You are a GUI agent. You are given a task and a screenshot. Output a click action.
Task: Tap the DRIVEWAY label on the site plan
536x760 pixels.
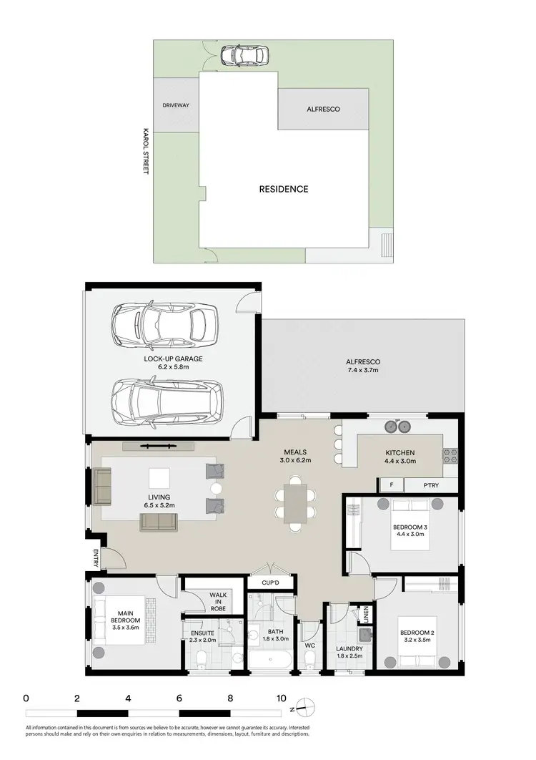tap(176, 105)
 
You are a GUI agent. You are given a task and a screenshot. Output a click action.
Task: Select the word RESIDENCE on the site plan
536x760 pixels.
tap(284, 189)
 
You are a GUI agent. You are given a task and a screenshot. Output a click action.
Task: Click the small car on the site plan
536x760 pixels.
tap(244, 54)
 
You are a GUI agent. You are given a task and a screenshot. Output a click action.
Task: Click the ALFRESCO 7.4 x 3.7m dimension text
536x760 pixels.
tap(363, 371)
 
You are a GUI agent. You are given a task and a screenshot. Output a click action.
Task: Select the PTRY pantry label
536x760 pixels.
tap(431, 485)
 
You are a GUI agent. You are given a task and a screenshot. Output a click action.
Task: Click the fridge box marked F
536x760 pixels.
tap(392, 485)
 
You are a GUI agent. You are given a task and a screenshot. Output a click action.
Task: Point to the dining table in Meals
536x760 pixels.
tap(295, 504)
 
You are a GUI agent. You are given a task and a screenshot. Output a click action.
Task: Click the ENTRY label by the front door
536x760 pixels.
tap(94, 559)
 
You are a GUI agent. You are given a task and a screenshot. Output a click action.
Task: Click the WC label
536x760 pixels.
tap(310, 645)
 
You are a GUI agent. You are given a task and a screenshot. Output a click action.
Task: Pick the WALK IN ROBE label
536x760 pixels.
tap(217, 602)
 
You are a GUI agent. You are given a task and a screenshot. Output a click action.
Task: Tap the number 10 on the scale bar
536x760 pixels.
tap(281, 698)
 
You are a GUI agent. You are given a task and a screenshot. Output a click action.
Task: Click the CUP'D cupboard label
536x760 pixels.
tap(270, 583)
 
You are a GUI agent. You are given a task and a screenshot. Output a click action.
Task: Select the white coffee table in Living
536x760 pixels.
tap(159, 478)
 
